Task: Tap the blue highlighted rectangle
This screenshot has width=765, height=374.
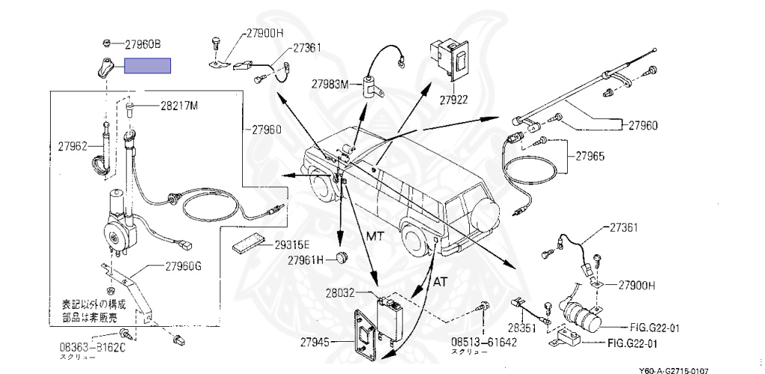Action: click(x=147, y=66)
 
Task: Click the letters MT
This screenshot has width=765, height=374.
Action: click(x=377, y=236)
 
